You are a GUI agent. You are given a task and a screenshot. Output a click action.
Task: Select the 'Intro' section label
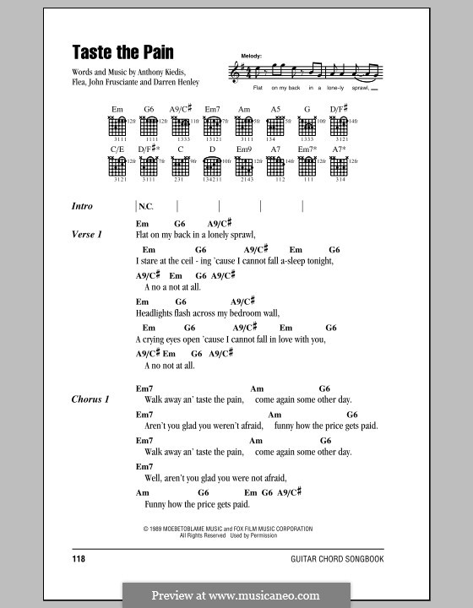point(83,206)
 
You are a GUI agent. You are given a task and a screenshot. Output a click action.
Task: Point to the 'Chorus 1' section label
point(90,399)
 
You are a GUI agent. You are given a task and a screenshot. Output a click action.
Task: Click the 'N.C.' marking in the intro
point(148,206)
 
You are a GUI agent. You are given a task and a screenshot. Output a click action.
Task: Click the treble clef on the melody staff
point(233,74)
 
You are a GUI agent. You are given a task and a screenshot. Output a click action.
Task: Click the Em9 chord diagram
point(244,166)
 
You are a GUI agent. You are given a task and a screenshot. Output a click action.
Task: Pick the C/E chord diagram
point(117,166)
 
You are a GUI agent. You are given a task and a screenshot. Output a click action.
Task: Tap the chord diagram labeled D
point(210,166)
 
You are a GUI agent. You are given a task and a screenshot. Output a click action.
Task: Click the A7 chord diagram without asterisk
point(275,166)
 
